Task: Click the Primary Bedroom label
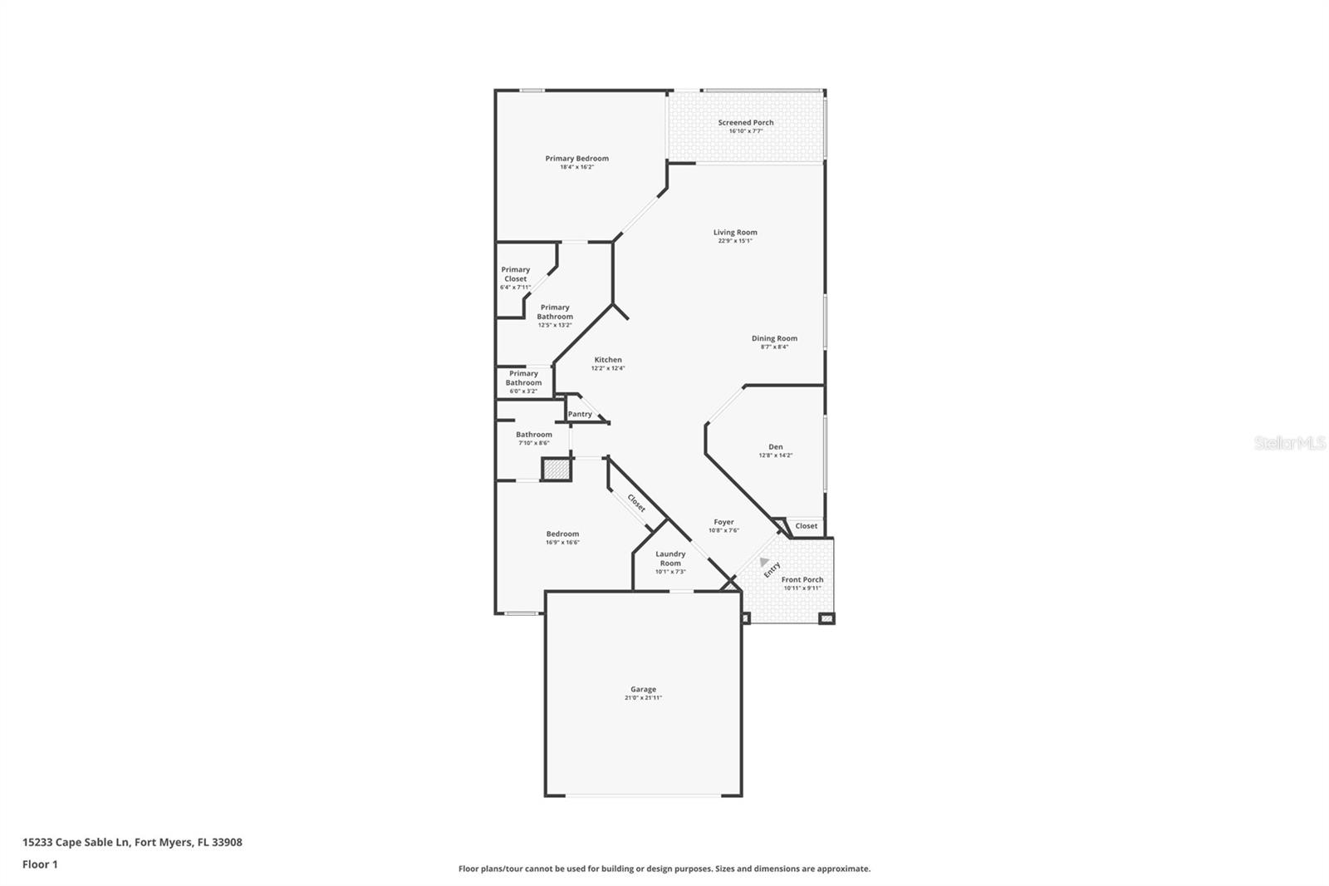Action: coord(576,158)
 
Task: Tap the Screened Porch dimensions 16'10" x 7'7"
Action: coord(745,131)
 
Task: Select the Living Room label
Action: coord(735,233)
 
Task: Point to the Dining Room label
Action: coord(774,338)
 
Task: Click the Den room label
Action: coord(775,446)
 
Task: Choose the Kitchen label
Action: coord(607,360)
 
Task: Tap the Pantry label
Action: coord(580,414)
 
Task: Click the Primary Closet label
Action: coord(515,274)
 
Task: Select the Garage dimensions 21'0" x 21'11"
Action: coord(643,698)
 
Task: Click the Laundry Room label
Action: coord(670,559)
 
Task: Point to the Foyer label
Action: coord(723,522)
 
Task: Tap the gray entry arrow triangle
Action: coord(763,563)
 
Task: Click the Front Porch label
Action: coord(802,579)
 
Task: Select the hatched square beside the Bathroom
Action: coord(557,470)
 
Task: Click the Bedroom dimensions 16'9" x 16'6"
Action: coord(562,543)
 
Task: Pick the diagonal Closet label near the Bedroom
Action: coord(636,503)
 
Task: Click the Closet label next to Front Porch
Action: coord(806,526)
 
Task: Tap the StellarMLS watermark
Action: coord(1289,443)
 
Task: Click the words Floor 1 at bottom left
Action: coord(40,864)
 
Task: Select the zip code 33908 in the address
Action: coord(227,842)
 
